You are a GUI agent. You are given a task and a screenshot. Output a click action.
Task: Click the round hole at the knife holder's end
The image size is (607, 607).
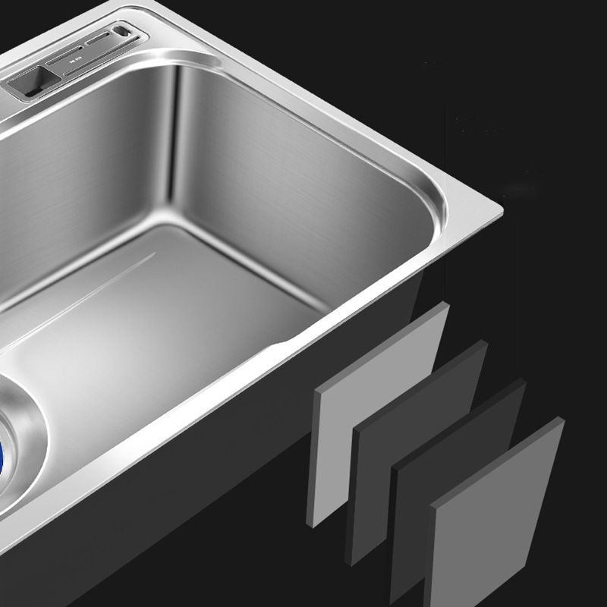[x=120, y=32]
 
